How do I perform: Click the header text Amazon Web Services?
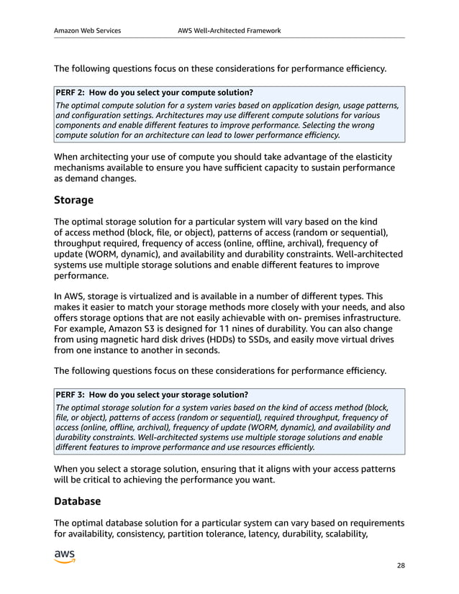tap(87, 31)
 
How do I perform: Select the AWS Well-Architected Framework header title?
tap(229, 31)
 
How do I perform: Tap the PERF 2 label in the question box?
tap(71, 92)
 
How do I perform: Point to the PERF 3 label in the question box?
tap(71, 395)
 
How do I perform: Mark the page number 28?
tap(401, 565)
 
